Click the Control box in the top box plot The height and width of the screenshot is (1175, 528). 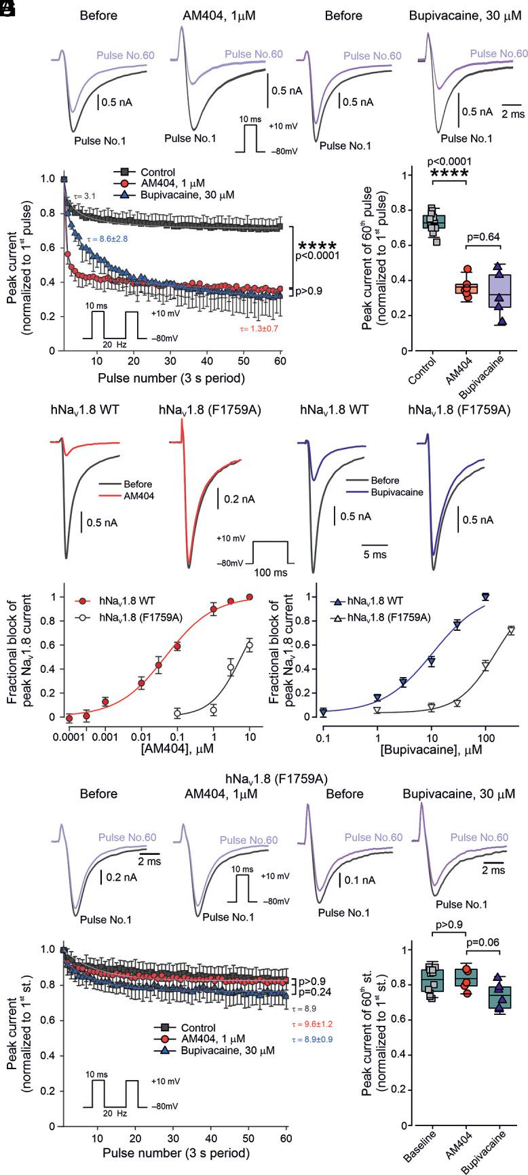434,221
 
